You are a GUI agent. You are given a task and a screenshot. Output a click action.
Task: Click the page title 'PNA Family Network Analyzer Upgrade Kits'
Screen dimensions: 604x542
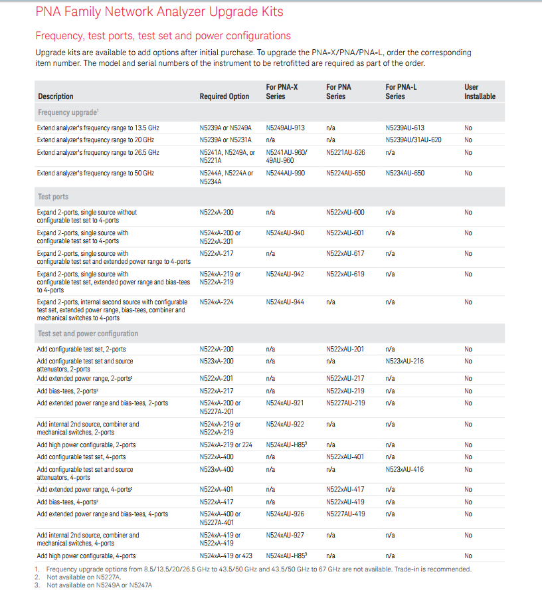(x=159, y=12)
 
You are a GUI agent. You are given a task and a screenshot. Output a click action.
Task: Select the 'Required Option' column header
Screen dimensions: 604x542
(x=225, y=96)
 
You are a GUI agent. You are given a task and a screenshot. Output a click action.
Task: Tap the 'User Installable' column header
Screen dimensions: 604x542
(x=480, y=92)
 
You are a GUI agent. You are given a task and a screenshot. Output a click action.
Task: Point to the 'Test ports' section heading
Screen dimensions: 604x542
(x=53, y=197)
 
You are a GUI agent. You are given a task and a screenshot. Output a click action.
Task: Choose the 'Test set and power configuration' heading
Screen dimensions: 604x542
(x=88, y=334)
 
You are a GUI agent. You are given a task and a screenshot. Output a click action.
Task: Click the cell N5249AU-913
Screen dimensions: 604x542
(x=286, y=128)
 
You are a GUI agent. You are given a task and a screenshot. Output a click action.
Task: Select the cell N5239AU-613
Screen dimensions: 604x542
(x=405, y=128)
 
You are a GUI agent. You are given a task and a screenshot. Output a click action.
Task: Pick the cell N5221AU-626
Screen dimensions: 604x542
(x=345, y=153)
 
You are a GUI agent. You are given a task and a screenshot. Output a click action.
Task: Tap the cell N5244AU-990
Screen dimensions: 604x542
(x=286, y=173)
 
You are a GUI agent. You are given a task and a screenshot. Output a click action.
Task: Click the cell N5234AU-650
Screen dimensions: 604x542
(x=405, y=173)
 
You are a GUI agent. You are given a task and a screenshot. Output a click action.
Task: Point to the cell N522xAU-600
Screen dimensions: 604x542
(x=345, y=213)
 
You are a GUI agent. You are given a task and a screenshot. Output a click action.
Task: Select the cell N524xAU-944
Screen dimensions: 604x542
(x=286, y=302)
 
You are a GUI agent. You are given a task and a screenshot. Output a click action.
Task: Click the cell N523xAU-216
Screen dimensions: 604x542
(x=405, y=361)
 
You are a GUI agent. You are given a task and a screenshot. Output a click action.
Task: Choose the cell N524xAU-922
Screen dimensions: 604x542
(x=286, y=424)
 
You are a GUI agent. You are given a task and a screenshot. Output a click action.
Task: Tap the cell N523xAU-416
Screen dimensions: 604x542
(x=405, y=470)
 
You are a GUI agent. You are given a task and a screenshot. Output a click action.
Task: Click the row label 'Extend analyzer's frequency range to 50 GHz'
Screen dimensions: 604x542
(x=96, y=173)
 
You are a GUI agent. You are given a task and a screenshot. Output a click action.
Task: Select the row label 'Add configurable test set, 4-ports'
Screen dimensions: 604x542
(x=81, y=457)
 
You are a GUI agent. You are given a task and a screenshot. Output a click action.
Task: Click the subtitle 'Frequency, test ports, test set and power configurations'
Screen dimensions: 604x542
(x=163, y=36)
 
